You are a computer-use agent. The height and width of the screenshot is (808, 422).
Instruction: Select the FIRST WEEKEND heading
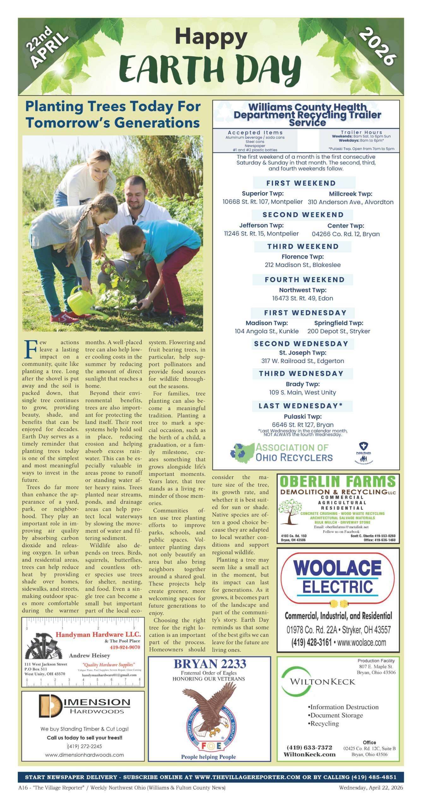tap(301, 183)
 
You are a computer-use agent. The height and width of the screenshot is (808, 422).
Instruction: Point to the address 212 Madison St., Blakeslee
tap(303, 265)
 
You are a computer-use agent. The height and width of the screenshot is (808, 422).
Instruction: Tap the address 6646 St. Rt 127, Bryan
tap(303, 425)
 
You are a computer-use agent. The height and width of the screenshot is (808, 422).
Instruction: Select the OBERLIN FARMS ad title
tap(338, 482)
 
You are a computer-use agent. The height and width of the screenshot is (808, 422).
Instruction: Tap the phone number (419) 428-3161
tap(312, 642)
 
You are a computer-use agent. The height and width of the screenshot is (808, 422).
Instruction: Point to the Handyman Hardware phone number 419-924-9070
tap(125, 647)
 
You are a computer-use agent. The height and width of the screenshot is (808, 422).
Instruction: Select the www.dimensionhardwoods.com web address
tap(84, 755)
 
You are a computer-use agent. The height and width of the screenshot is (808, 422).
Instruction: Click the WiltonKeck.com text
tap(309, 754)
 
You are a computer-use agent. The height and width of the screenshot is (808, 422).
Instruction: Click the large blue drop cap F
tap(30, 349)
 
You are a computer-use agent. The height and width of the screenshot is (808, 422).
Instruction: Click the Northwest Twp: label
tap(303, 290)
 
